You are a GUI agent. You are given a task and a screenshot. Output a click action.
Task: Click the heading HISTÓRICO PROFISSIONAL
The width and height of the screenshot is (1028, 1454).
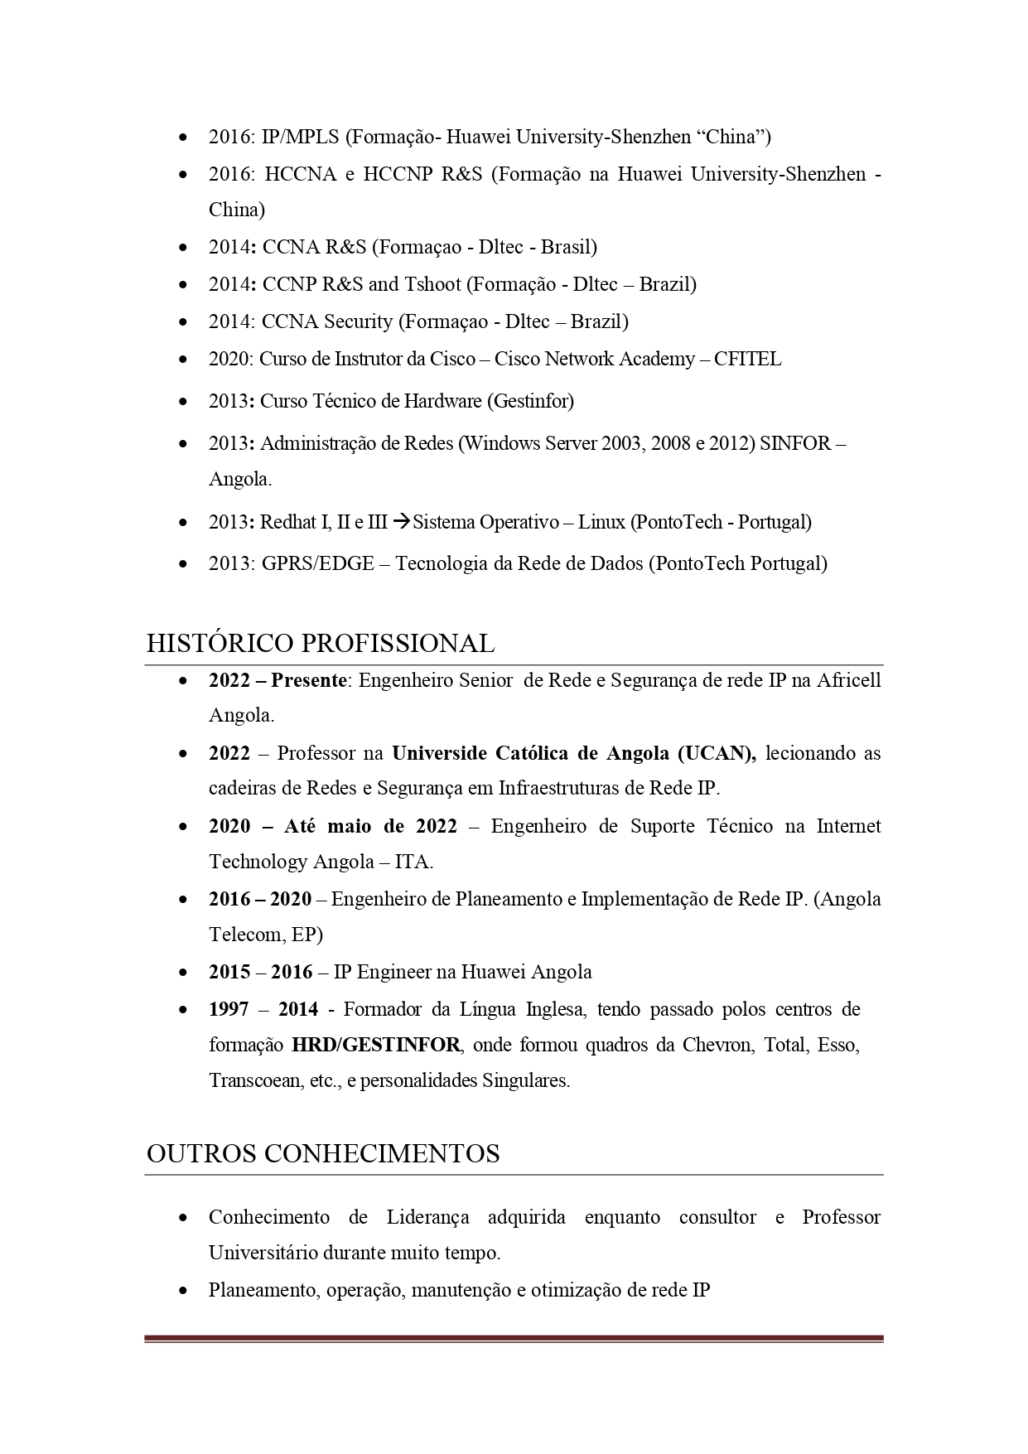(321, 644)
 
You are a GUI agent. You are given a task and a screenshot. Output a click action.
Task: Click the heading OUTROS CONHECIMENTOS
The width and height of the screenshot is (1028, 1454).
(323, 1154)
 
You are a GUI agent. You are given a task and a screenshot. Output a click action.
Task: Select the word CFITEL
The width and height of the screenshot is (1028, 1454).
(747, 360)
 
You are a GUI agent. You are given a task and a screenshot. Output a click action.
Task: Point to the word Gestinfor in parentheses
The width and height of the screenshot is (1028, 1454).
(530, 402)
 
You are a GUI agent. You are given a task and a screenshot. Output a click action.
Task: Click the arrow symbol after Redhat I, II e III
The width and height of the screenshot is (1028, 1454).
(401, 523)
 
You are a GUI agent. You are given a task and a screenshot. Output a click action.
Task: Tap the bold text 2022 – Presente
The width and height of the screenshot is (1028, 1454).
(278, 681)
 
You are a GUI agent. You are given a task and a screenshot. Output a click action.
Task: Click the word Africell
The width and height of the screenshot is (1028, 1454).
(849, 681)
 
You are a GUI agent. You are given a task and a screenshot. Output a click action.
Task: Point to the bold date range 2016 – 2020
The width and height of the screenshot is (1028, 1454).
(260, 900)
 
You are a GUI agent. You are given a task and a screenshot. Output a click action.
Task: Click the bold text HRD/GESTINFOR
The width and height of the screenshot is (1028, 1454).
(375, 1046)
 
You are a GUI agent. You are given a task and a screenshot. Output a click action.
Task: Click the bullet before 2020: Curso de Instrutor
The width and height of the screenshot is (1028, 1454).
(182, 360)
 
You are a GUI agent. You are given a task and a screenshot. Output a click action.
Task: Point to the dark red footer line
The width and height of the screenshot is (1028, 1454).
(514, 1338)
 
